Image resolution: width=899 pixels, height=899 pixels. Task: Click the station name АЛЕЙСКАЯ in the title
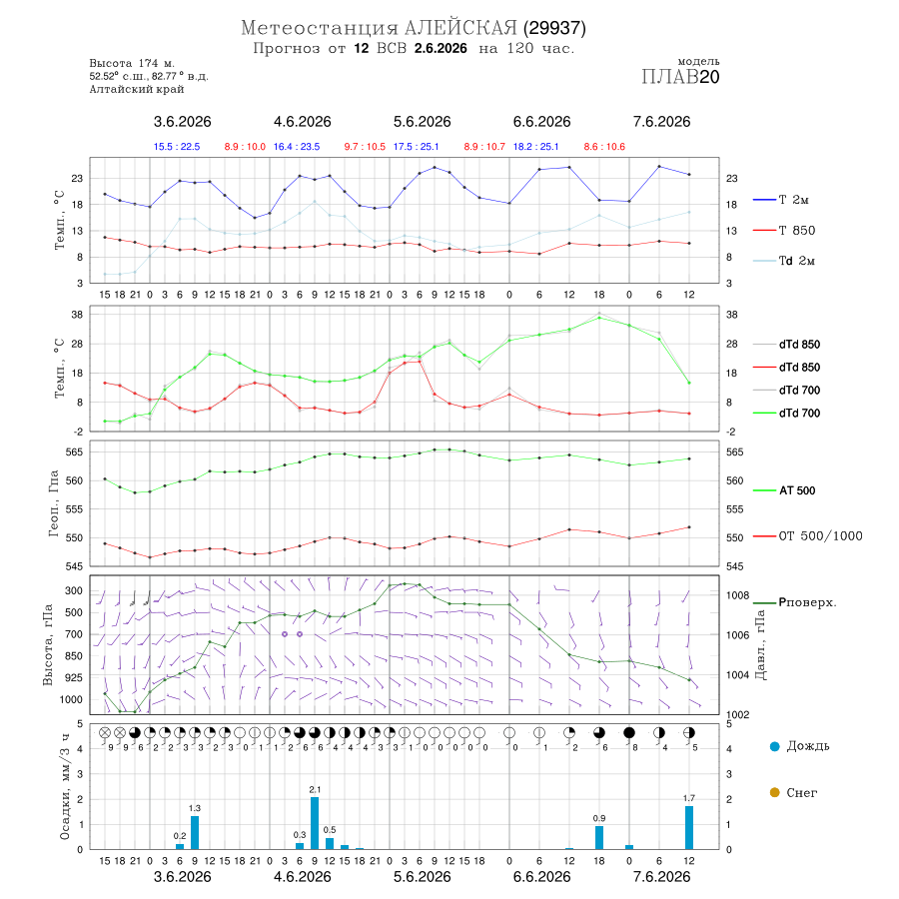coord(460,28)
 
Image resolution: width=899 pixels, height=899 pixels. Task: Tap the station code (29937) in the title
coord(553,28)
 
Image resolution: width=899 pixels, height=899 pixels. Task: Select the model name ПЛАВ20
coord(680,77)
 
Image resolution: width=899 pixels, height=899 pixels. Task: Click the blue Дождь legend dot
coord(774,746)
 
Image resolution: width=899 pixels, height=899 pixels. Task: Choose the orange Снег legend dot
coord(774,792)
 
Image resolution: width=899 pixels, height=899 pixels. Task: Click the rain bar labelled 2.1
coord(315,823)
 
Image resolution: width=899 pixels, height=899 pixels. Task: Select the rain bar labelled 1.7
coord(689,828)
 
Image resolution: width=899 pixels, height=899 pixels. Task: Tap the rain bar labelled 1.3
coord(195,833)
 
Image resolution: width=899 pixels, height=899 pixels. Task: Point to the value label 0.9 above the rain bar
coord(599,818)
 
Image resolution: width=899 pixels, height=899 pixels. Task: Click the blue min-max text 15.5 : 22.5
coord(177,147)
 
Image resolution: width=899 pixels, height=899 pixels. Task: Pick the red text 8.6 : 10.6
coord(604,147)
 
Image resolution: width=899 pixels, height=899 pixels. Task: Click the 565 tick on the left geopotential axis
coord(75,452)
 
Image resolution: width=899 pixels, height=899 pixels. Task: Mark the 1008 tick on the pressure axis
coord(737,595)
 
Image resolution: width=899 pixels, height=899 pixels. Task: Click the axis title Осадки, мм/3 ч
coord(64,787)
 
